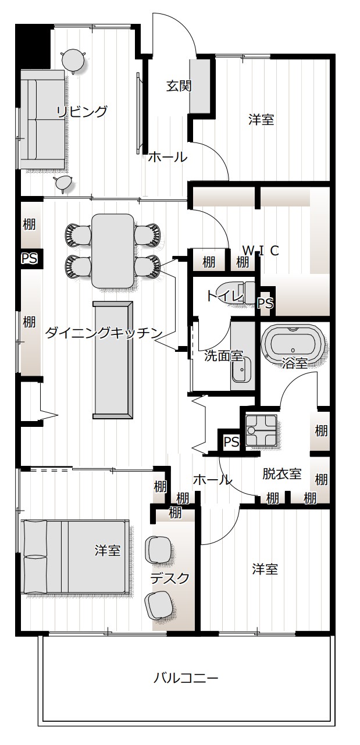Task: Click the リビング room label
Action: click(x=82, y=112)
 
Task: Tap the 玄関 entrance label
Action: click(x=179, y=86)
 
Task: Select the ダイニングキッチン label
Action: click(x=104, y=333)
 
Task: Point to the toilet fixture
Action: click(x=237, y=292)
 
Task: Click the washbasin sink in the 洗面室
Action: click(x=242, y=370)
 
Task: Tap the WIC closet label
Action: click(x=260, y=251)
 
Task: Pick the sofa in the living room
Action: click(x=42, y=119)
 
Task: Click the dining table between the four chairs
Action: click(x=113, y=251)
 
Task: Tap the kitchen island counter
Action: click(x=112, y=360)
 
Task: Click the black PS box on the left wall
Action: click(x=30, y=258)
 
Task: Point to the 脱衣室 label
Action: click(x=282, y=473)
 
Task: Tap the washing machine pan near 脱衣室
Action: click(x=261, y=430)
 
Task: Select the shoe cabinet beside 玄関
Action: click(x=200, y=86)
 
